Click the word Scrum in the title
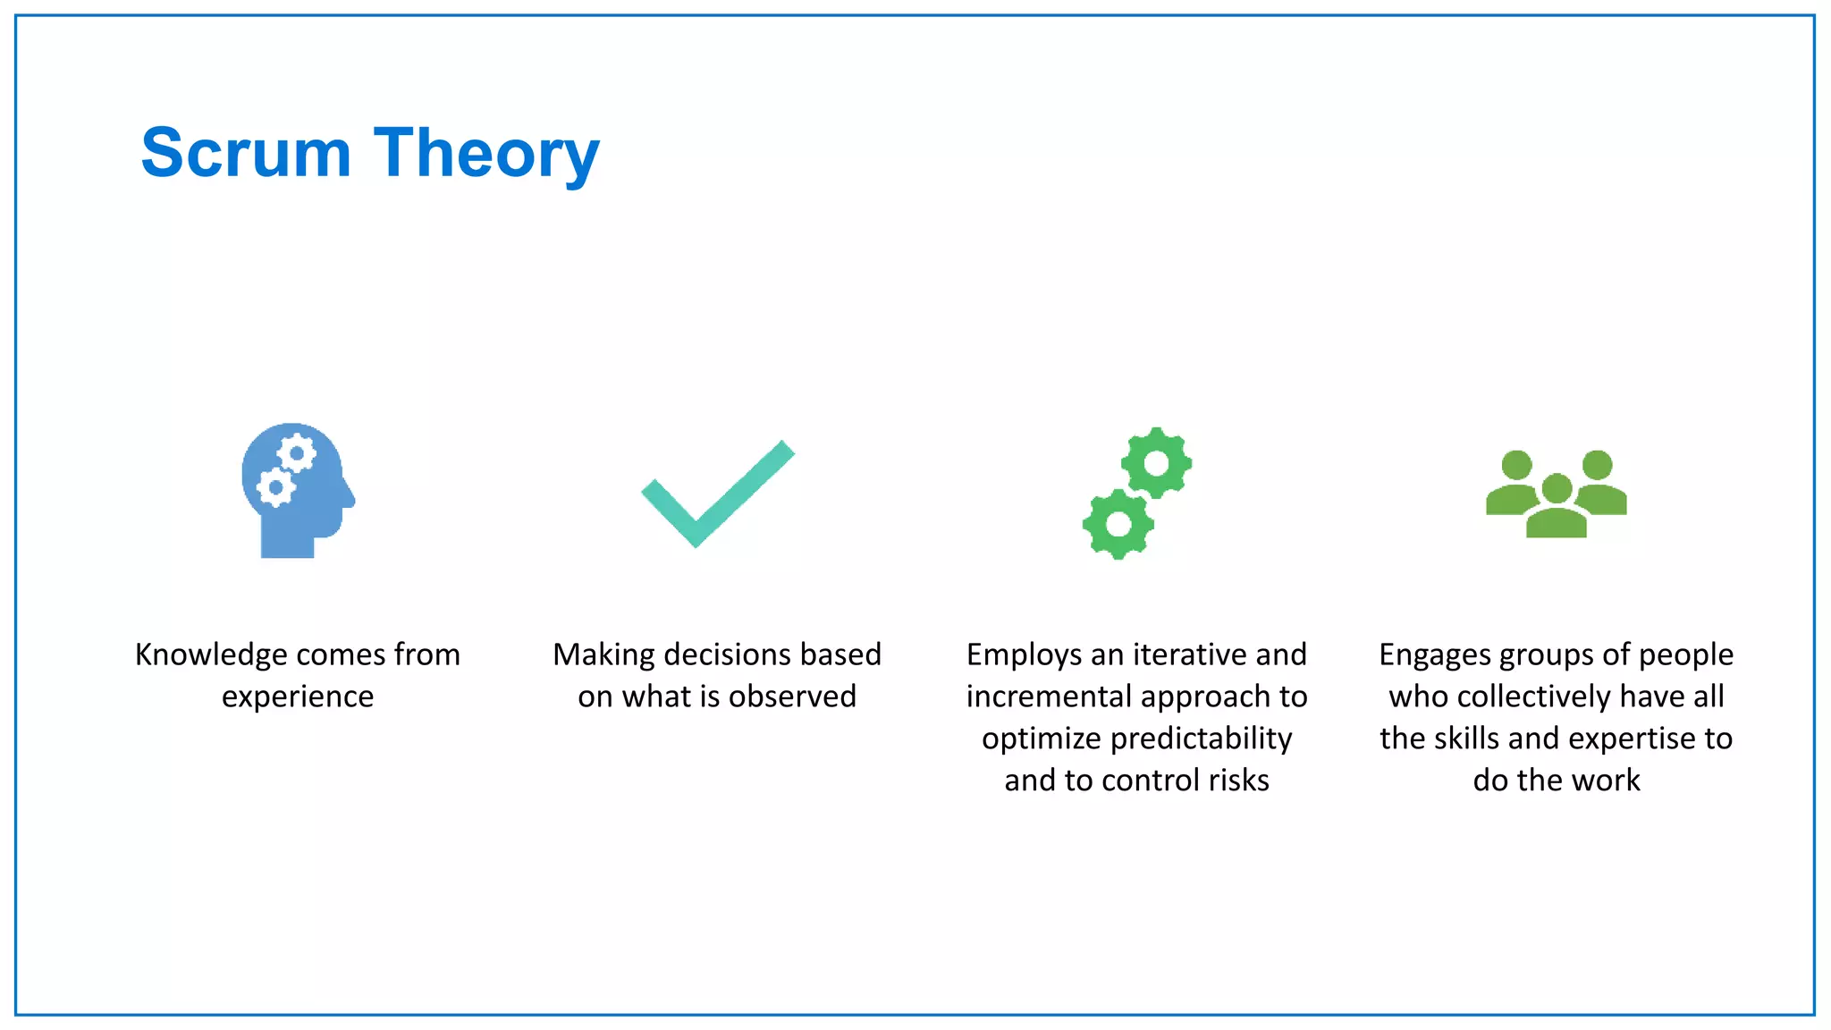(x=246, y=153)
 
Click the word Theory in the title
(x=486, y=155)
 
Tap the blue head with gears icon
(x=297, y=490)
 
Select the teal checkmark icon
(x=717, y=494)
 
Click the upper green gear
(x=1156, y=463)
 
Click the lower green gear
(x=1118, y=524)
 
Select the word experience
(x=298, y=697)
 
